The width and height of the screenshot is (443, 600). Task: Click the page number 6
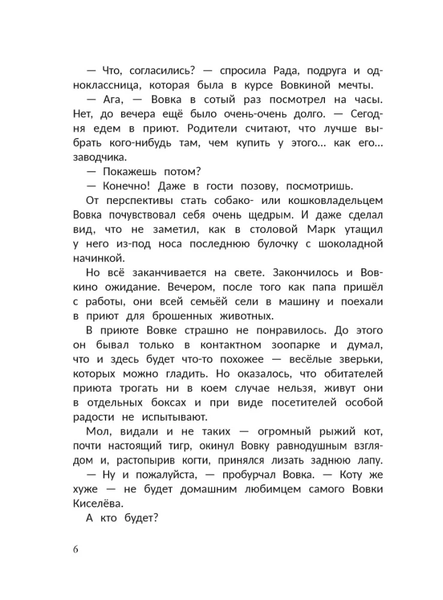coord(76,550)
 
